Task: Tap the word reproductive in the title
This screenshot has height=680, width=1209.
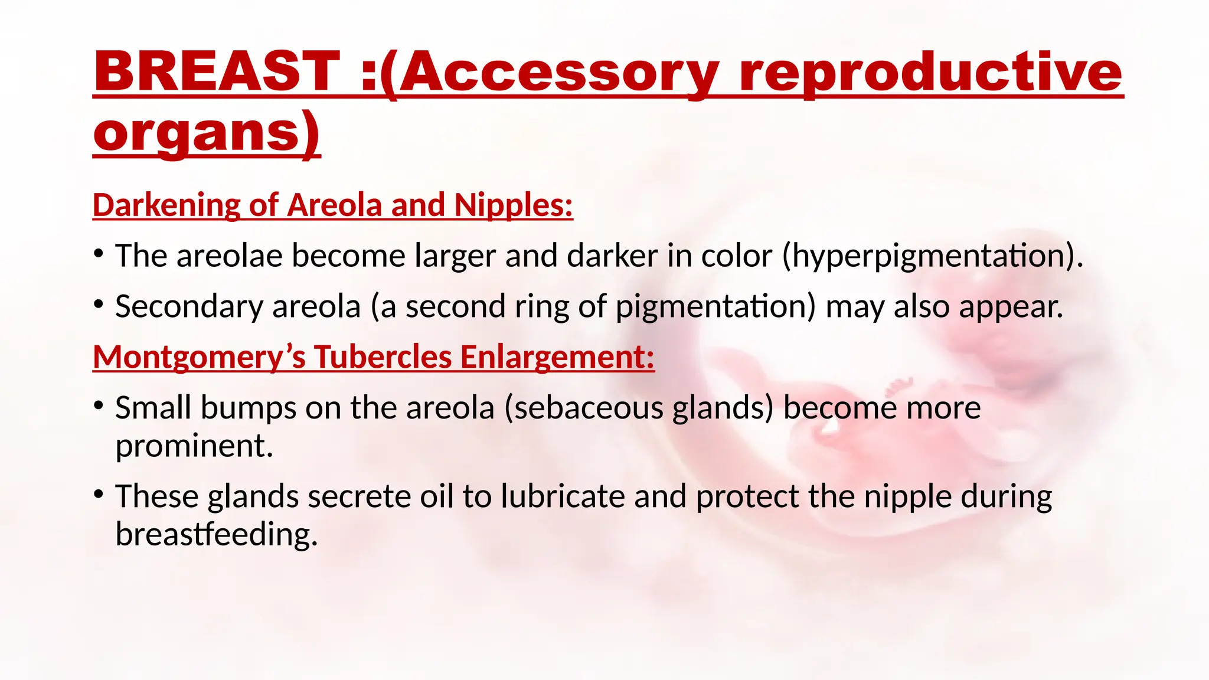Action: click(x=930, y=72)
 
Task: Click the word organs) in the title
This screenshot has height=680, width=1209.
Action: click(x=207, y=132)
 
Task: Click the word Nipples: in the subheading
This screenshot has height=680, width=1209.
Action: click(x=513, y=205)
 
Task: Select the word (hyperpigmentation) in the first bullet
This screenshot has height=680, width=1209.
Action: click(x=932, y=256)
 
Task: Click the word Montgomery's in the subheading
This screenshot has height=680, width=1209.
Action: click(x=199, y=357)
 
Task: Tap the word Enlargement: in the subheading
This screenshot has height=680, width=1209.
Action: click(x=557, y=357)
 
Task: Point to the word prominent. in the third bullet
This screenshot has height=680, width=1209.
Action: click(x=194, y=446)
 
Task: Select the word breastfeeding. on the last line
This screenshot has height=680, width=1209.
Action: click(x=217, y=534)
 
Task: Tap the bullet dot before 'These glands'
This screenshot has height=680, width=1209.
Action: click(x=99, y=493)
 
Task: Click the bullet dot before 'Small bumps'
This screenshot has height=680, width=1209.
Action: click(x=99, y=405)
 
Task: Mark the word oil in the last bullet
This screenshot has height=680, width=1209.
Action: click(x=436, y=496)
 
